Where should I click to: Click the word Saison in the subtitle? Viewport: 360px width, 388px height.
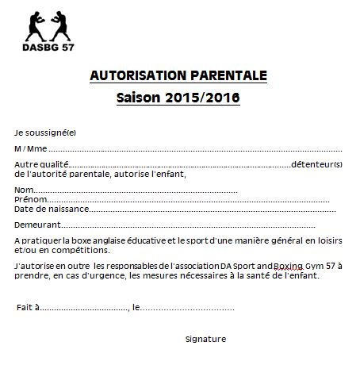click(x=139, y=99)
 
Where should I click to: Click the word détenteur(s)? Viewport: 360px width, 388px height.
click(x=316, y=164)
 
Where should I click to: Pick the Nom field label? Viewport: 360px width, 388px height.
click(x=24, y=190)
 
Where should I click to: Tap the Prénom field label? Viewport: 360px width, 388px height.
click(x=29, y=200)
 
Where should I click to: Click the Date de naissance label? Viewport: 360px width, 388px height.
click(x=48, y=209)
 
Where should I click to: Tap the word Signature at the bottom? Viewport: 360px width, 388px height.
click(x=205, y=339)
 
